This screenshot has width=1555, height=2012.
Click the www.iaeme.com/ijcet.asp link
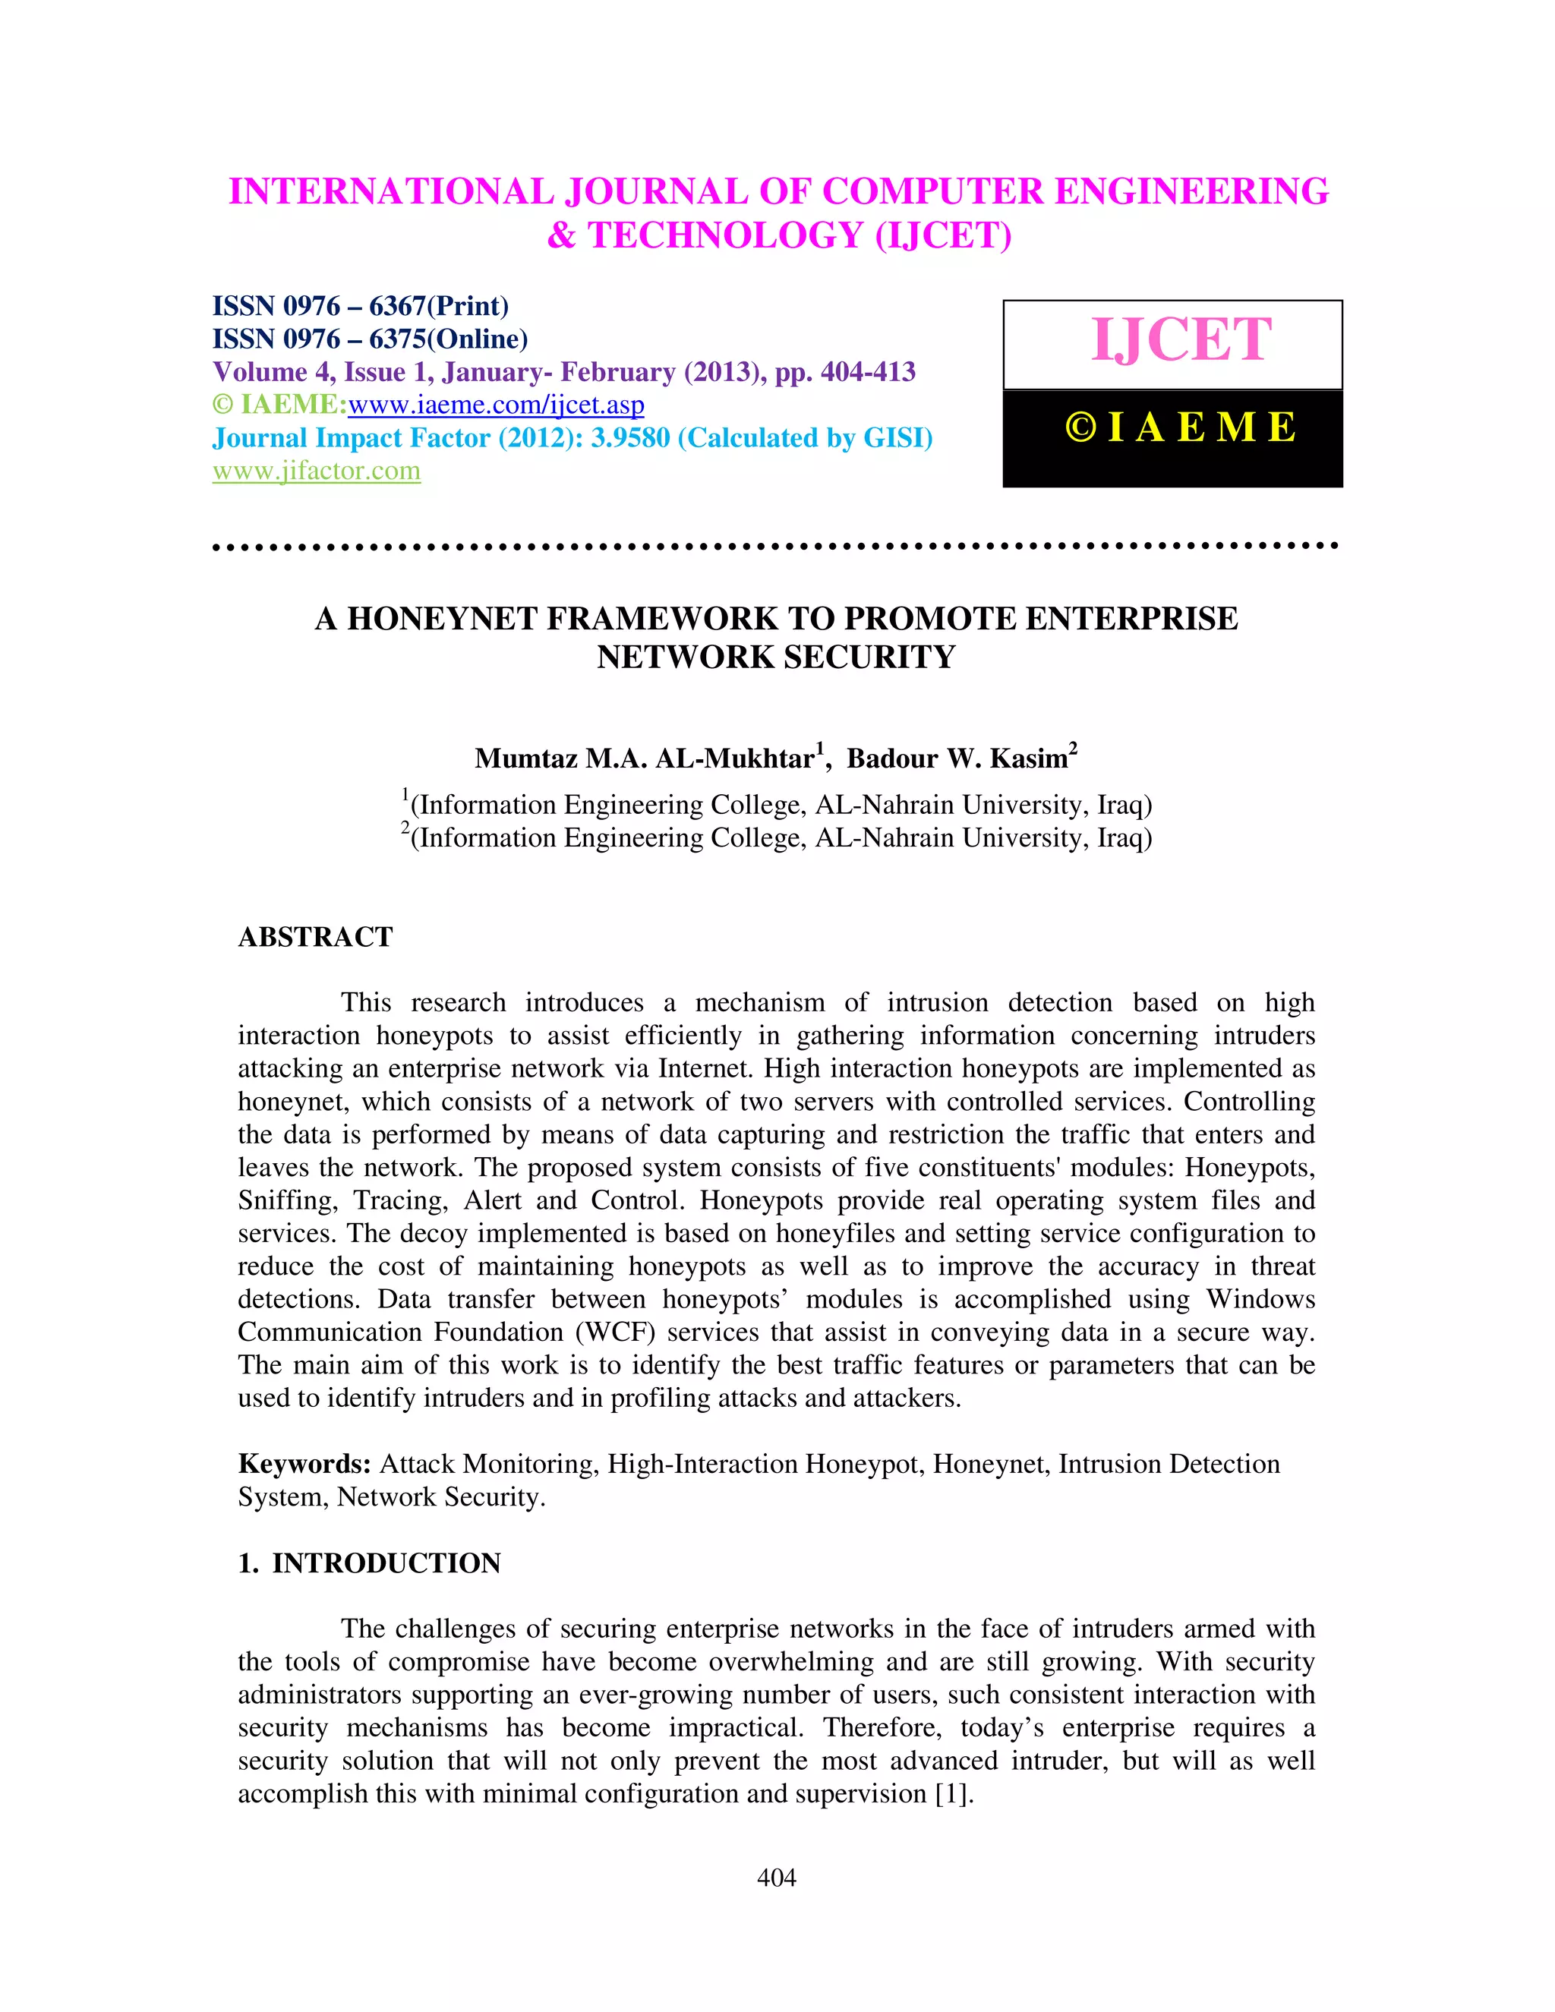[x=496, y=405]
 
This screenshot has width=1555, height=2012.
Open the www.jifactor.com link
[x=316, y=471]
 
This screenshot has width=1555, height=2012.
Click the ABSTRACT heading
[x=315, y=937]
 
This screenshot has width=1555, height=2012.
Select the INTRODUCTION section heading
[x=386, y=1563]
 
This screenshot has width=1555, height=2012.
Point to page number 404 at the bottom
[x=777, y=1878]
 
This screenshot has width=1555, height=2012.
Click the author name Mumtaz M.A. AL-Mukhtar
[x=645, y=758]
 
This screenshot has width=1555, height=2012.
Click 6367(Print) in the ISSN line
[x=439, y=306]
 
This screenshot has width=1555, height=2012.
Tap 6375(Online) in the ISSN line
[x=448, y=339]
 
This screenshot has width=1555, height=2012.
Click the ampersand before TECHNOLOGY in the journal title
[x=561, y=236]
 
